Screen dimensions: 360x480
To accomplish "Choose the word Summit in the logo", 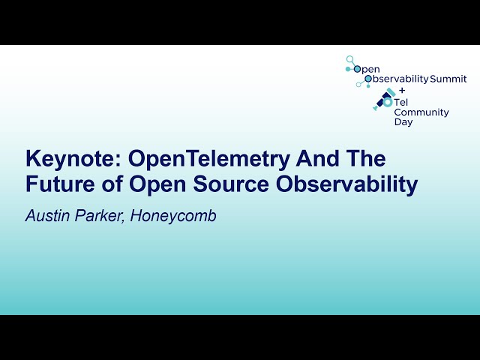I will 448,79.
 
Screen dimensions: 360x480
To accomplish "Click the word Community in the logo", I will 421,112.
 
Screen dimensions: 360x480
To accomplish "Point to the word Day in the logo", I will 403,122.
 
